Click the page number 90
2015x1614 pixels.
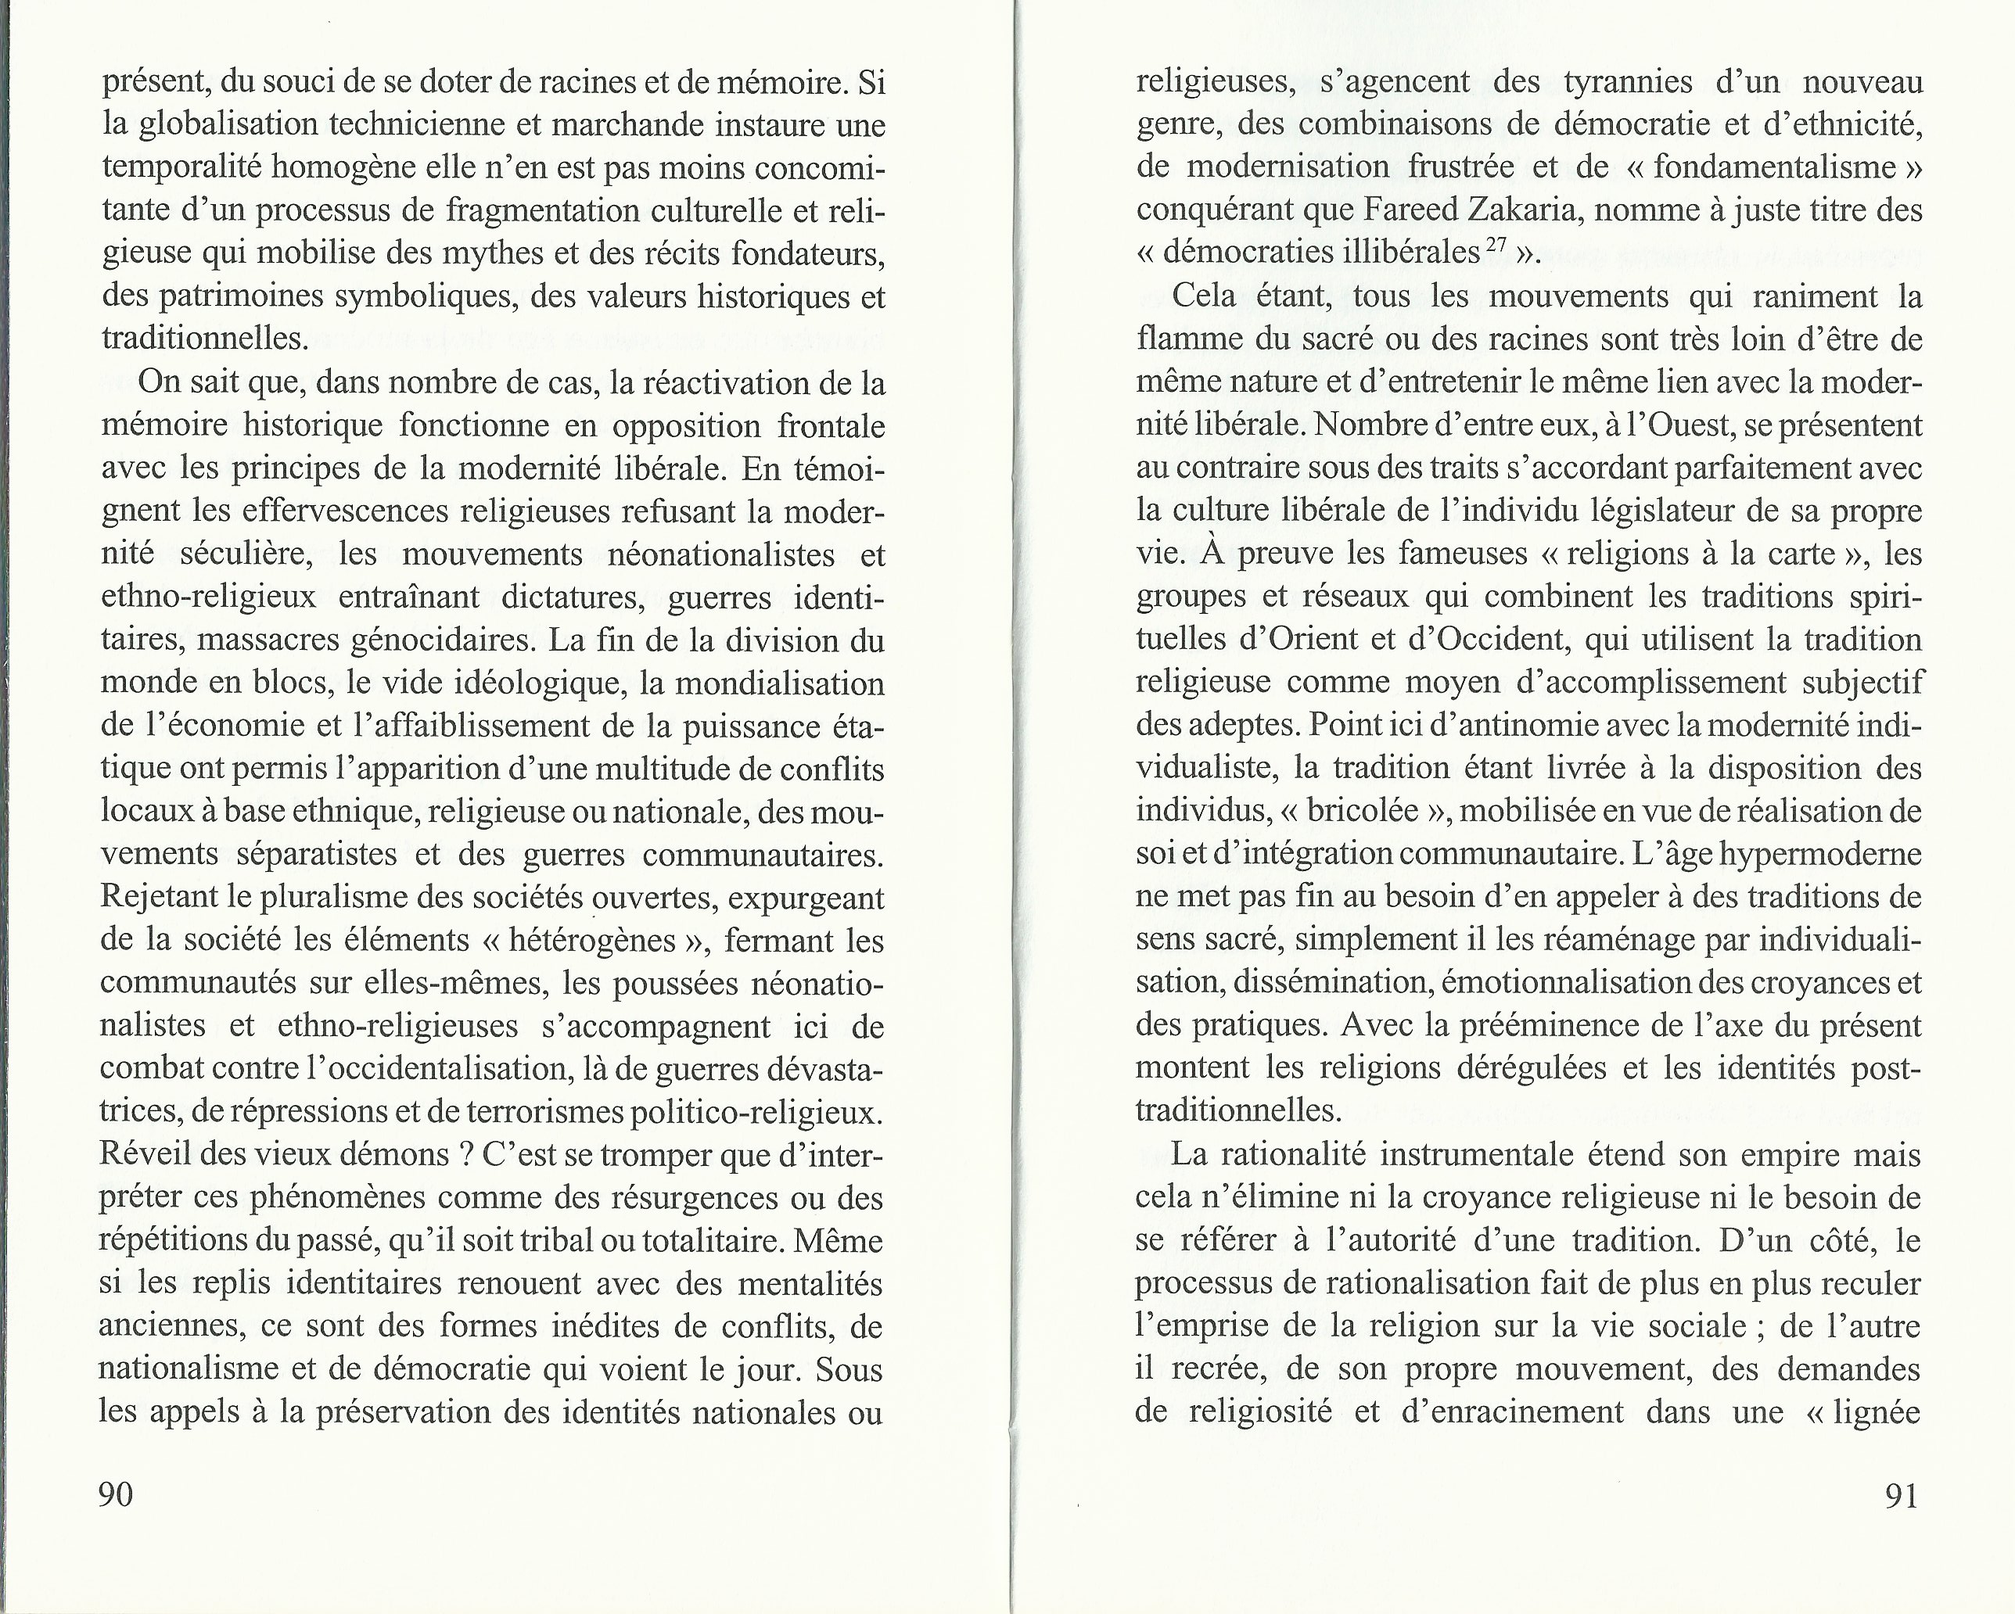116,1494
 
